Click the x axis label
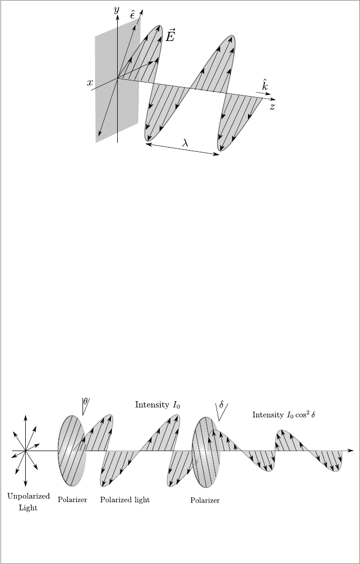click(90, 82)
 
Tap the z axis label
click(272, 107)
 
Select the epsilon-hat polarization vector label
click(133, 14)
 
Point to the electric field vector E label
click(171, 36)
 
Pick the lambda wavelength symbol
click(185, 141)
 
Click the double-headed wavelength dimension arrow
click(182, 149)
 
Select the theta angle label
click(85, 401)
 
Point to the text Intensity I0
click(158, 404)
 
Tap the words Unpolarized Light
click(28, 502)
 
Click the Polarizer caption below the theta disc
click(72, 499)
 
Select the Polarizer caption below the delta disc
click(205, 500)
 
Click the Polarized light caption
click(125, 499)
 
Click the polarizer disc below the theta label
click(71, 451)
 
